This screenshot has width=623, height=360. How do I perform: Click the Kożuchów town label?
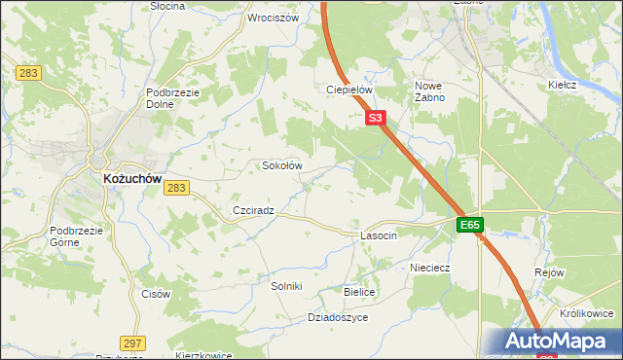[x=131, y=179]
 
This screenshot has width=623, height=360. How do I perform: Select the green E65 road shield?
[x=470, y=225]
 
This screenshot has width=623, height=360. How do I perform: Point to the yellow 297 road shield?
[x=133, y=342]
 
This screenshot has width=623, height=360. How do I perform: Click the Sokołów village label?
[x=282, y=165]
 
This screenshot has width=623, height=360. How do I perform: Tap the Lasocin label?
[x=379, y=236]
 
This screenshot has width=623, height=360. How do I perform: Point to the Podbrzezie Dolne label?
[x=173, y=98]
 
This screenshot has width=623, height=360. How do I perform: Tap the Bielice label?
[x=359, y=291]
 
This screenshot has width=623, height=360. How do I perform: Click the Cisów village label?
[x=156, y=294]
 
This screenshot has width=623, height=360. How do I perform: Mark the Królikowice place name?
[x=586, y=313]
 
